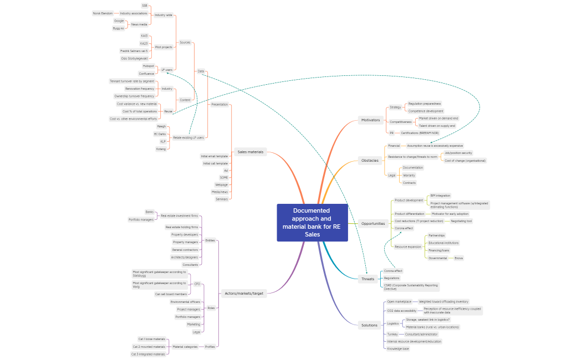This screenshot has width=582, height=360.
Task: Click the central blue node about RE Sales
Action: [x=312, y=223]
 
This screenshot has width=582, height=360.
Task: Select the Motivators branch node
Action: [x=371, y=120]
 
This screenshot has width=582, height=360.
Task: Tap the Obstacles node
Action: [x=370, y=161]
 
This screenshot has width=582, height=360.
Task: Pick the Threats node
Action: [x=367, y=279]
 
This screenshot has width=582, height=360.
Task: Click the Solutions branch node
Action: [x=369, y=325]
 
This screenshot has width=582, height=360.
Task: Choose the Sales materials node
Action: [x=250, y=152]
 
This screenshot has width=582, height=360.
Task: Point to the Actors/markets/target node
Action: [x=243, y=293]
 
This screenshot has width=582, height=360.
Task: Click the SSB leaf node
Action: [x=145, y=6]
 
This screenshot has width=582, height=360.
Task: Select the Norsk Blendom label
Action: [x=103, y=13]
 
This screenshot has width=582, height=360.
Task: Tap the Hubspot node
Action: [x=149, y=66]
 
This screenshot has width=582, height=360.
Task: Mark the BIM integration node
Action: [x=440, y=196]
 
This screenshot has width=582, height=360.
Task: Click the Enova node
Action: [x=459, y=258]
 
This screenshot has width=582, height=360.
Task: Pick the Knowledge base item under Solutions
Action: [x=398, y=349]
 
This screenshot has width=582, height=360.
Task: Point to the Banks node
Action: [x=149, y=212]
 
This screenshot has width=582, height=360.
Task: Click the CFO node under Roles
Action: [x=197, y=284]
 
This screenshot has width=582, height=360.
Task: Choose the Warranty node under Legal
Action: [x=409, y=175]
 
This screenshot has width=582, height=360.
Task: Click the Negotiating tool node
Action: [x=461, y=221]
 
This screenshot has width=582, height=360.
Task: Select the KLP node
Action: [x=163, y=141]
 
